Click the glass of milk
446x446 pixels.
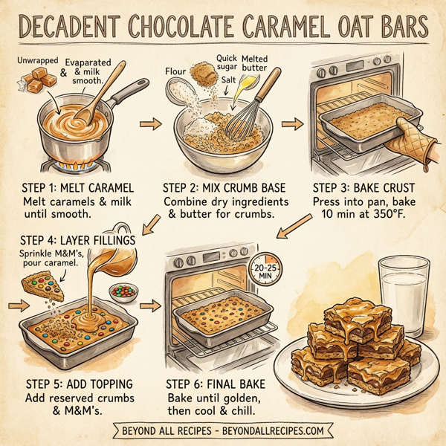402,294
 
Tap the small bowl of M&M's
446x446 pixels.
122,290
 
